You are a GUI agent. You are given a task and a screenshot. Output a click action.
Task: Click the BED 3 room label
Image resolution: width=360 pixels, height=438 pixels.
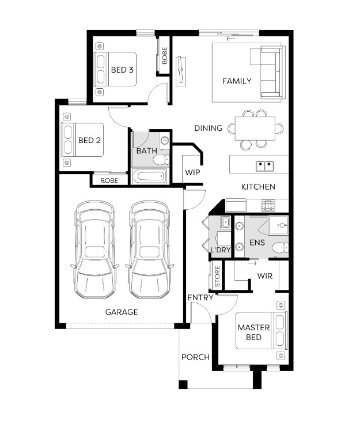pos(122,70)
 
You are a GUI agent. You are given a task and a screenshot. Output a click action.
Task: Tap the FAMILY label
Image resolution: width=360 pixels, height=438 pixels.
pos(237,81)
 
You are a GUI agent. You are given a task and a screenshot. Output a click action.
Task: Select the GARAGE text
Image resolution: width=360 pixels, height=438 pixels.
pos(122,312)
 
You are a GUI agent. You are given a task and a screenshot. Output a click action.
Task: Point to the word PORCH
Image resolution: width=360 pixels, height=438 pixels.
pos(195,357)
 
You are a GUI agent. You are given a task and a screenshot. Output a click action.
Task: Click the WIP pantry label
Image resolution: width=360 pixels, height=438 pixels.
pos(192,172)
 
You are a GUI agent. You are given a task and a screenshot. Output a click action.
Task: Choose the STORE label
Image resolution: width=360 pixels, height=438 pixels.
pos(217,276)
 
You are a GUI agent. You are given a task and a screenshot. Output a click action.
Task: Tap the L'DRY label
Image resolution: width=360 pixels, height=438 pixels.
pos(221,250)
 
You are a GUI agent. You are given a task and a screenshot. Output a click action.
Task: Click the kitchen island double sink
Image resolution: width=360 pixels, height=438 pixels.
pos(264,166)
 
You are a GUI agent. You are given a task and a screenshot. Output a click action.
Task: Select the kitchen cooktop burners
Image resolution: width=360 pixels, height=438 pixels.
pos(268,205)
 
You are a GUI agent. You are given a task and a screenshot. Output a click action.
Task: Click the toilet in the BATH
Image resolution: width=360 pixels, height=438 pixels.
pos(161,160)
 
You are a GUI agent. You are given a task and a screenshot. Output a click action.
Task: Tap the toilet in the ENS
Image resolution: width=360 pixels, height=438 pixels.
pos(280,247)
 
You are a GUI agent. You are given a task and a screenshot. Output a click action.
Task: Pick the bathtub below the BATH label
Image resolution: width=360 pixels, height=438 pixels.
pos(150,176)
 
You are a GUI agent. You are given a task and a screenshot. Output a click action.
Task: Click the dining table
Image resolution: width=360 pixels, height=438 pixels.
pos(255,129)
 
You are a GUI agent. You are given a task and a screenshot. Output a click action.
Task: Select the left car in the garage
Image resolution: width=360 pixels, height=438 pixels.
pos(94,250)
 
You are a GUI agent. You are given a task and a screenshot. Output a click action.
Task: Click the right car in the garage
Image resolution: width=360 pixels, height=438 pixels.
pos(149,250)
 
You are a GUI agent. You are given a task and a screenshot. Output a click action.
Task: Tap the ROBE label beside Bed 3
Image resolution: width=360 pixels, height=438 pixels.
pos(165,55)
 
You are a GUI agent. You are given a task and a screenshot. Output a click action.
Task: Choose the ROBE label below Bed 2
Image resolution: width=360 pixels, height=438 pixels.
pos(109,180)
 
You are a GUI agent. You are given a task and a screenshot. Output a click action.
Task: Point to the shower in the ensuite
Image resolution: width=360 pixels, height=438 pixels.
pos(278,225)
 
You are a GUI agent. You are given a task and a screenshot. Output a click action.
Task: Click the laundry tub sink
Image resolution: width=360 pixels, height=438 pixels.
pos(225,222)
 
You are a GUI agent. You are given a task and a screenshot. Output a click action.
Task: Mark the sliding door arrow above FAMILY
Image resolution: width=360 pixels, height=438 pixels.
pos(231,38)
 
